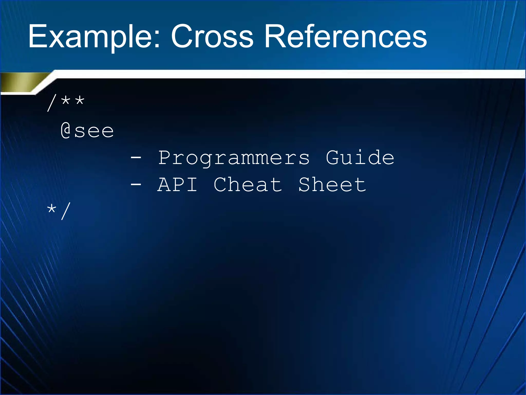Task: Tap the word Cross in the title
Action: pyautogui.click(x=212, y=37)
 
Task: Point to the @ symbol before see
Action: pyautogui.click(x=66, y=130)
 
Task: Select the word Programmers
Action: pyautogui.click(x=234, y=158)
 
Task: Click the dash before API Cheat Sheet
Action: pyautogui.click(x=136, y=184)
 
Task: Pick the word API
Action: pyautogui.click(x=177, y=184)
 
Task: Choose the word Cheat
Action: pyautogui.click(x=248, y=184)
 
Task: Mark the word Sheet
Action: pyautogui.click(x=332, y=184)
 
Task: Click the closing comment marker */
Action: pyautogui.click(x=59, y=211)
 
